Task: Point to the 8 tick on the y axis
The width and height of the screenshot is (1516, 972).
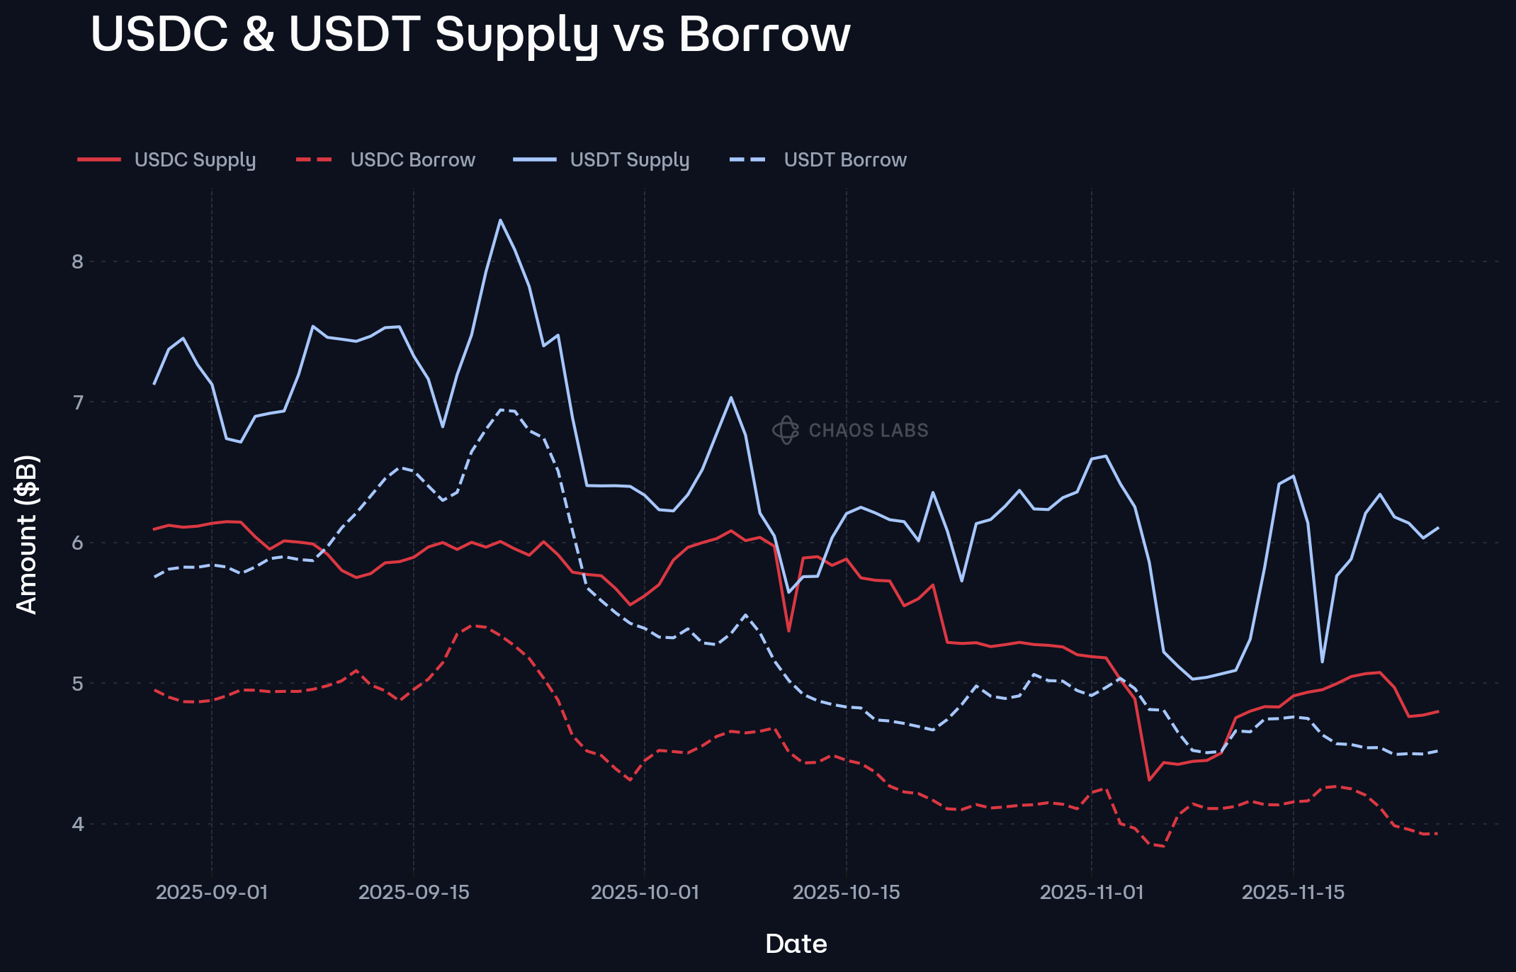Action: click(77, 261)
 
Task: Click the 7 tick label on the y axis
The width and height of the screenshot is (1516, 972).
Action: click(77, 402)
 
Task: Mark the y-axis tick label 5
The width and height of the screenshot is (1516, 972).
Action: click(77, 684)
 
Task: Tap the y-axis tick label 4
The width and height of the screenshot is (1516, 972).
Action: click(77, 824)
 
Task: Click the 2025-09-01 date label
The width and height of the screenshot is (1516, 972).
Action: click(212, 892)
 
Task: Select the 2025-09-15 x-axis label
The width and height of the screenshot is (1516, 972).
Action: click(414, 892)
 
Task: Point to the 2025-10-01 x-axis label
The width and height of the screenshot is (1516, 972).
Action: click(645, 892)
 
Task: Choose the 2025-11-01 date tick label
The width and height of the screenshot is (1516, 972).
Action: click(1091, 892)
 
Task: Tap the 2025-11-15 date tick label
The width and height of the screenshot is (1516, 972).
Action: click(1293, 892)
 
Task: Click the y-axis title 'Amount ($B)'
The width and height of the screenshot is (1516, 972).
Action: click(27, 534)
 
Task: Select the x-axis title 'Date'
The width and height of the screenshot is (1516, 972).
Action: click(796, 944)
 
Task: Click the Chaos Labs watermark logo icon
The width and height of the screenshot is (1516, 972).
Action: click(786, 430)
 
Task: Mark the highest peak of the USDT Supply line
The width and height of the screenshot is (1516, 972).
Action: click(500, 220)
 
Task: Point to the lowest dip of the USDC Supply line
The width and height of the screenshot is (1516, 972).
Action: click(1148, 780)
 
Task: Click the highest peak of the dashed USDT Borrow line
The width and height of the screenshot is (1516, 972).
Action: click(502, 409)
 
